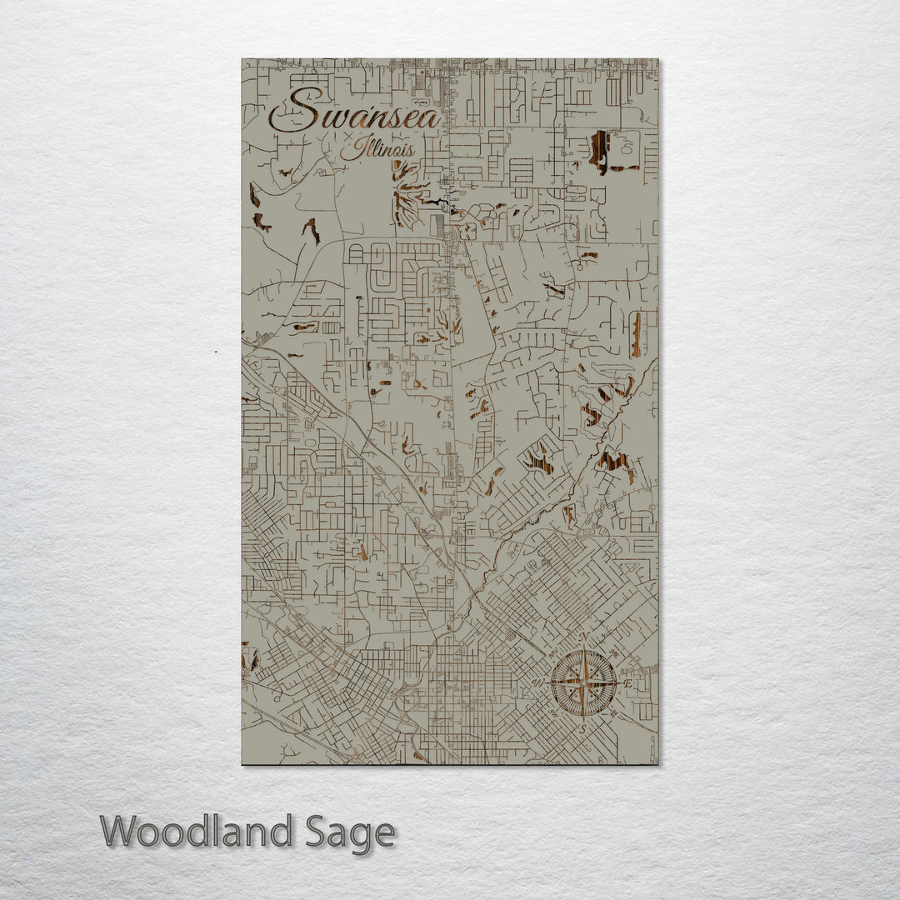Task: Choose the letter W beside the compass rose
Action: pos(538,684)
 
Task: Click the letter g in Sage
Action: pos(357,836)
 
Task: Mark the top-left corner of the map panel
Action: pos(242,59)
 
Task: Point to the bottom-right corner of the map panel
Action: pos(657,763)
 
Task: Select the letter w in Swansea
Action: pos(323,117)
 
